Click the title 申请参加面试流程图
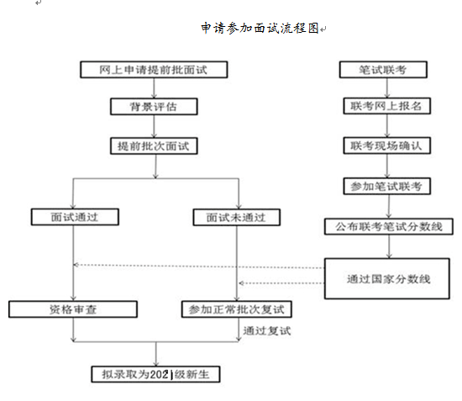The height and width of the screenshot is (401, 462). pyautogui.click(x=260, y=28)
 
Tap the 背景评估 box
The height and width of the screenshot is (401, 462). pyautogui.click(x=155, y=108)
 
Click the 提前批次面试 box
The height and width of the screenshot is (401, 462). pyautogui.click(x=155, y=145)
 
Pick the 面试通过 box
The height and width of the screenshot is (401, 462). pyautogui.click(x=74, y=216)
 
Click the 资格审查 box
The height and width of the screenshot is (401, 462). pyautogui.click(x=74, y=309)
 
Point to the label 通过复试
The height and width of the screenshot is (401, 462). pyautogui.click(x=265, y=330)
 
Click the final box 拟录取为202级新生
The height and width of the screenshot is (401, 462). pyautogui.click(x=156, y=372)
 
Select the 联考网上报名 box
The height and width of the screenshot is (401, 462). pyautogui.click(x=386, y=108)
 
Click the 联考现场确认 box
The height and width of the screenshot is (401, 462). pyautogui.click(x=386, y=145)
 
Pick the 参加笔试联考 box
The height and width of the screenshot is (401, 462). pyautogui.click(x=386, y=185)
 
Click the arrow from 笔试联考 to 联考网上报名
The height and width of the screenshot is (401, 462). pyautogui.click(x=386, y=89)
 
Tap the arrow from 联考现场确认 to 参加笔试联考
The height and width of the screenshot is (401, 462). pyautogui.click(x=386, y=166)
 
